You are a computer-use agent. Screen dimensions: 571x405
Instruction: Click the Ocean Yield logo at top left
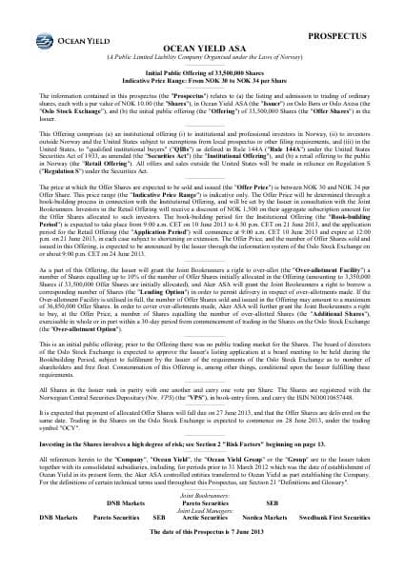coord(46,24)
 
